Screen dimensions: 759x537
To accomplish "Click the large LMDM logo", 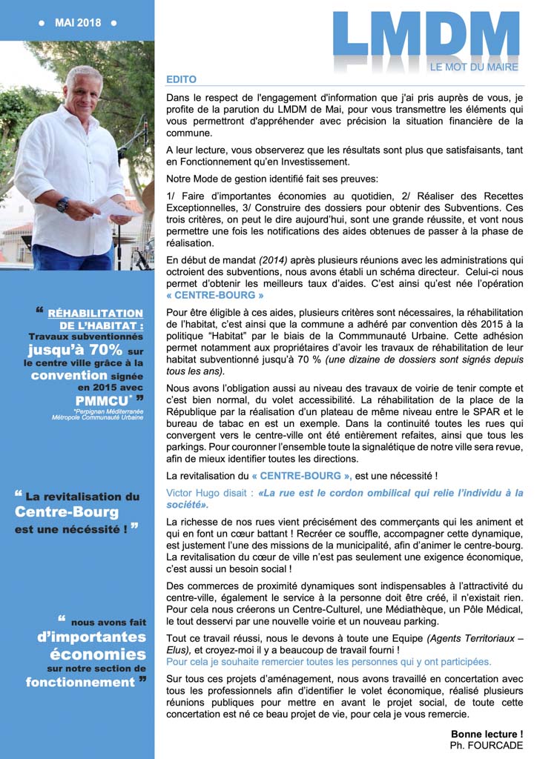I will (x=426, y=36).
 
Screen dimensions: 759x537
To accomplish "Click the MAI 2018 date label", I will (x=77, y=23).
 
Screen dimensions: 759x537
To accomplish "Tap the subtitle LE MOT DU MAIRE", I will (x=474, y=67).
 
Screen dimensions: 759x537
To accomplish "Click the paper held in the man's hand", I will (x=111, y=207).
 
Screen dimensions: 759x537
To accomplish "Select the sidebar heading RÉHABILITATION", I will (x=96, y=314).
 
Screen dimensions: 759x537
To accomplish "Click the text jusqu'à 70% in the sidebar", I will (x=75, y=349).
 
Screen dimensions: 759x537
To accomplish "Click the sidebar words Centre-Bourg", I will (x=67, y=512).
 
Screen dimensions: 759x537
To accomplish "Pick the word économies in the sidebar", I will (x=98, y=654).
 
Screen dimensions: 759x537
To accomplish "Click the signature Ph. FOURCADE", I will (x=487, y=745).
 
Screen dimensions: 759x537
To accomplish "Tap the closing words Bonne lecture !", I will (x=487, y=734).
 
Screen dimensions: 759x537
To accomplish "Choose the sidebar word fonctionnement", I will (x=80, y=682).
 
